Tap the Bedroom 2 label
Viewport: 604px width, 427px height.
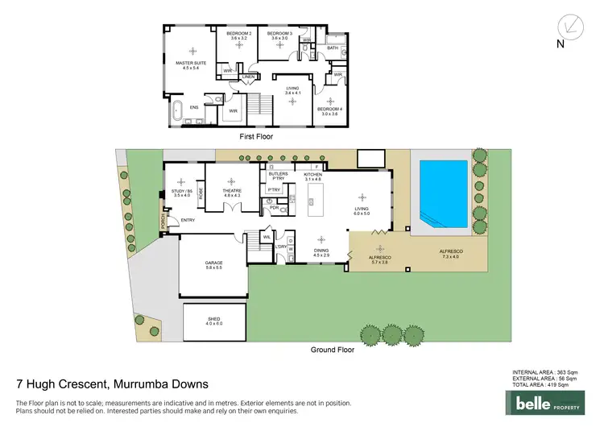click(x=238, y=35)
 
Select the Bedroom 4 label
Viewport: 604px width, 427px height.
click(x=330, y=111)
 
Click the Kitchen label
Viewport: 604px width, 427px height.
click(x=312, y=176)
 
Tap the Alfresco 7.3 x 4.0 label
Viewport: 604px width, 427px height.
click(x=450, y=254)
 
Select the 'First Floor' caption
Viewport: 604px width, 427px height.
click(x=257, y=137)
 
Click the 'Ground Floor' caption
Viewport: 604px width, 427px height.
click(x=333, y=350)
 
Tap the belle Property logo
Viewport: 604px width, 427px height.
click(x=552, y=401)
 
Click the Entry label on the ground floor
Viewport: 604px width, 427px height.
click(x=188, y=220)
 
